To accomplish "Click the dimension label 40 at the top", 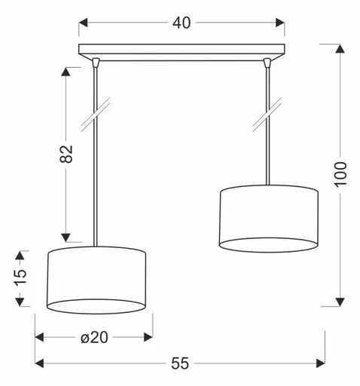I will tap(181, 23).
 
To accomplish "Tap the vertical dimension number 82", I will tap(66, 153).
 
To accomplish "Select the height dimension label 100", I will tap(340, 175).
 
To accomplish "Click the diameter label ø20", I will tap(95, 338).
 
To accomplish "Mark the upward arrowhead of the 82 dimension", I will tap(66, 72).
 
